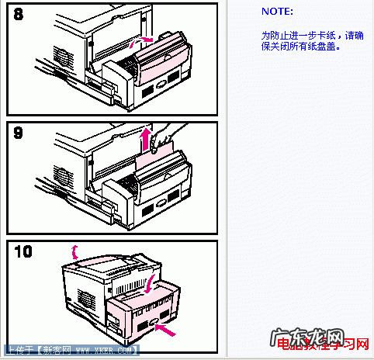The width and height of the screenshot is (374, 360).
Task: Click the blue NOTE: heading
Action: coord(277,12)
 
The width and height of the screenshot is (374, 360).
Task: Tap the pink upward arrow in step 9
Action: coord(145,142)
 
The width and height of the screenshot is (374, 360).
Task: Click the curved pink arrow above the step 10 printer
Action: coord(74,250)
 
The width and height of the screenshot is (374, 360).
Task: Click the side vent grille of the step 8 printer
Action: coord(62,58)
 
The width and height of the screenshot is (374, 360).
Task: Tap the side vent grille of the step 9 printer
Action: coord(62,177)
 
